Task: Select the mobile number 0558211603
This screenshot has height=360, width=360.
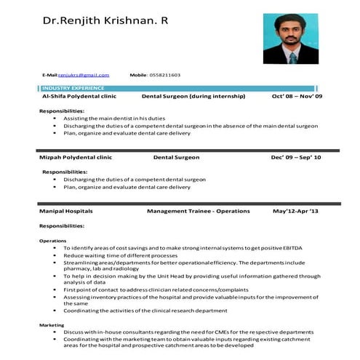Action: tap(165, 75)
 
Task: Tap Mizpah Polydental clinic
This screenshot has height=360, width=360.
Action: tap(76, 157)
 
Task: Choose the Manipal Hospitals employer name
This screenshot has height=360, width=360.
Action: tap(66, 211)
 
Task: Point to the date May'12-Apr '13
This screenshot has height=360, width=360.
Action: tap(295, 211)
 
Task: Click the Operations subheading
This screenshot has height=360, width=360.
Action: tap(52, 241)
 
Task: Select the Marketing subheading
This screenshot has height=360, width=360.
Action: tap(52, 325)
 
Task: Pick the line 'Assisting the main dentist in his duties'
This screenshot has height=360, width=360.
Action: tap(114, 118)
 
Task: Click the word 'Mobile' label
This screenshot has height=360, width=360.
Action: tap(138, 75)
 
